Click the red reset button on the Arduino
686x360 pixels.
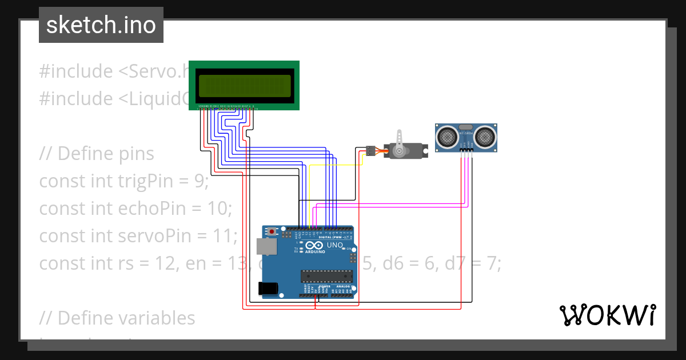pyautogui.click(x=272, y=231)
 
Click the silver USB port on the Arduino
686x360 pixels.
pyautogui.click(x=266, y=246)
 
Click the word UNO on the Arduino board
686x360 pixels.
pyautogui.click(x=336, y=246)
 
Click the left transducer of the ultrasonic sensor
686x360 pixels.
pyautogui.click(x=446, y=136)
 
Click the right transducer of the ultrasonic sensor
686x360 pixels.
pyautogui.click(x=485, y=136)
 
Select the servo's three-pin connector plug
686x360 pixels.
pyautogui.click(x=370, y=151)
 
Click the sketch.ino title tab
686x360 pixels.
pyautogui.click(x=101, y=25)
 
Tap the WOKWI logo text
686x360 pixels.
pyautogui.click(x=607, y=315)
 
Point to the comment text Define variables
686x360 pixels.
pyautogui.click(x=126, y=318)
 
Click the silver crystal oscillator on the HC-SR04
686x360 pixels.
pyautogui.click(x=465, y=127)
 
